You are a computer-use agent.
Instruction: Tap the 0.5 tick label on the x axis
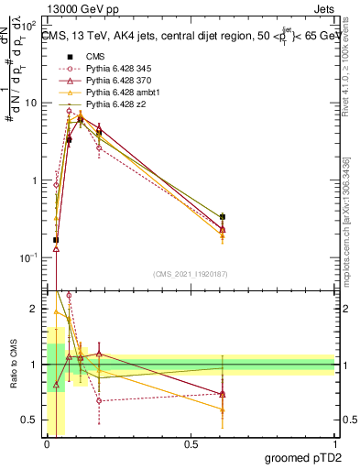[191, 444]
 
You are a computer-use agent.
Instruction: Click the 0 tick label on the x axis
[47, 444]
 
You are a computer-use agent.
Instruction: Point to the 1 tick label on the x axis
[334, 444]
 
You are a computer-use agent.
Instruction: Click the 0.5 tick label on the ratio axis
[30, 420]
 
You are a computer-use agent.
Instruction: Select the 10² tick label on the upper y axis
[30, 26]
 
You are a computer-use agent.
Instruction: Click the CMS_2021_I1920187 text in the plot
[190, 274]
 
